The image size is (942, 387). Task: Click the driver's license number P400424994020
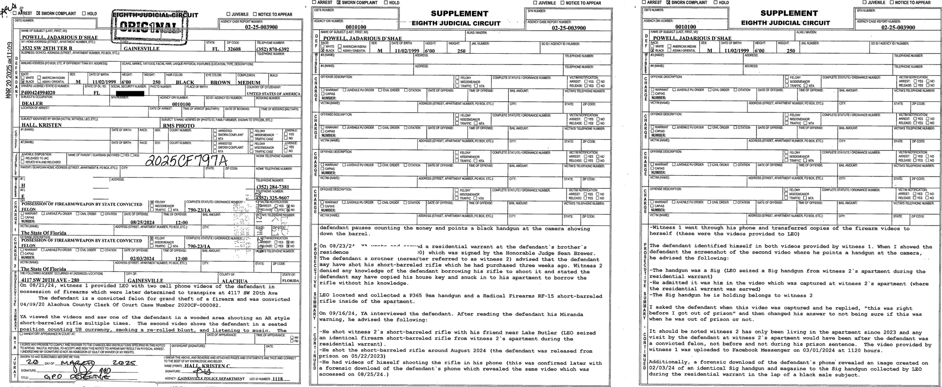[38, 93]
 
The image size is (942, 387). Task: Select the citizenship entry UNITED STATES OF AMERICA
[273, 94]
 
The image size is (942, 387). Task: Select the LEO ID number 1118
[277, 379]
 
